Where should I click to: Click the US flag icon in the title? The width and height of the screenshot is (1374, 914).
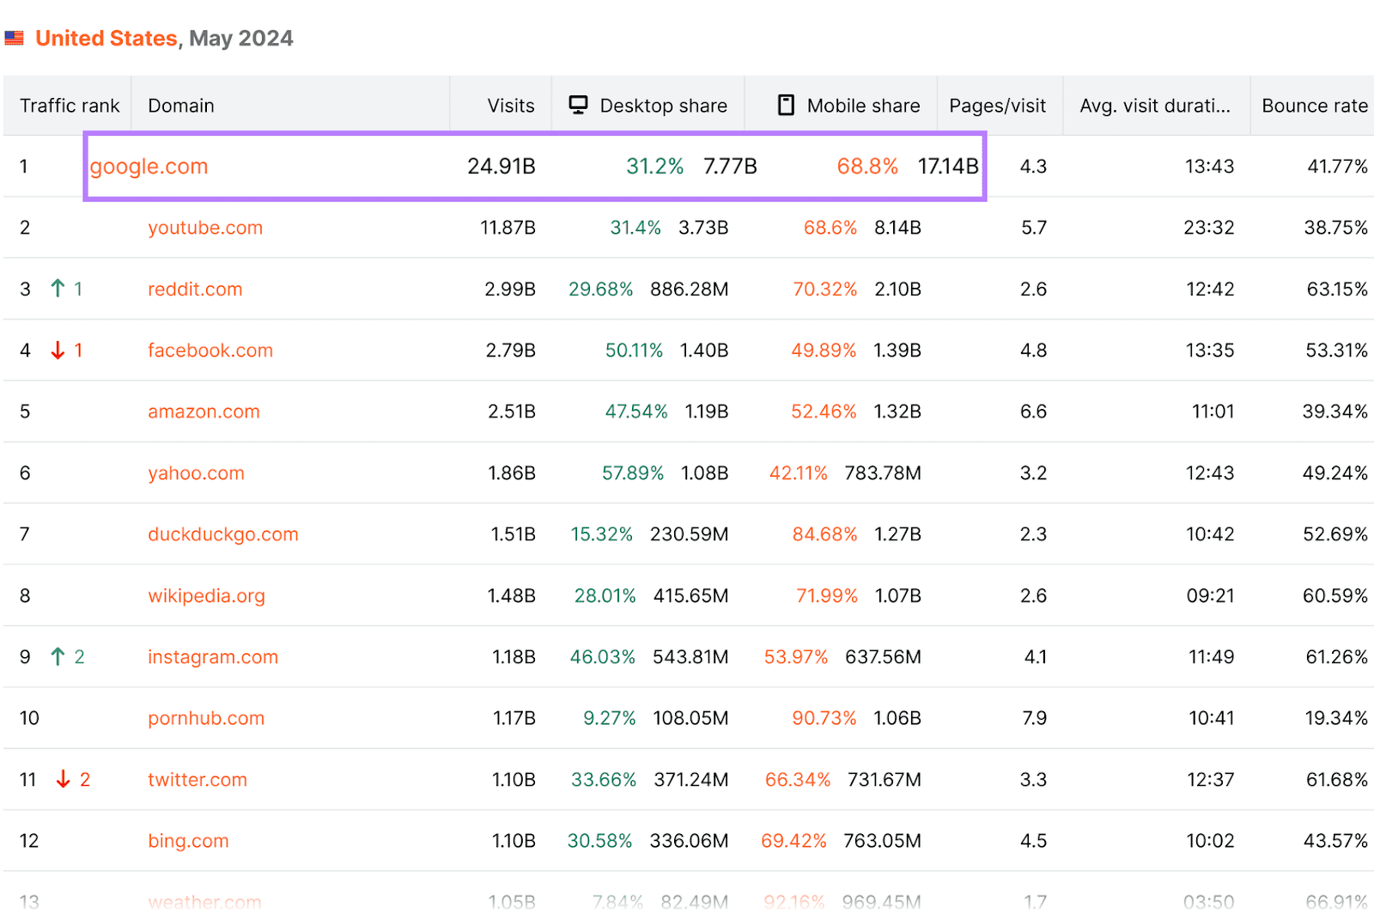pos(14,39)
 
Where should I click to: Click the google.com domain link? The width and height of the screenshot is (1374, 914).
pos(149,167)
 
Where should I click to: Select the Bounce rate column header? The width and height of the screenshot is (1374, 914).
pos(1314,106)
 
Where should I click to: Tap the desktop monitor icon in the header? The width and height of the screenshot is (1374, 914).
pos(578,105)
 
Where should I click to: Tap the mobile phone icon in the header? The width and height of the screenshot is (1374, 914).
pos(785,105)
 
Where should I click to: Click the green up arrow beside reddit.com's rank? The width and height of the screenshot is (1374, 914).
pos(58,289)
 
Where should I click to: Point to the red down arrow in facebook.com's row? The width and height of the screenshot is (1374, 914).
pos(58,350)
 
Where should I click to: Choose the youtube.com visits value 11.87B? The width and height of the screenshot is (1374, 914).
pos(508,228)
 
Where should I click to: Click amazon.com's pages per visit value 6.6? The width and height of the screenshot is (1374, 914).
pos(1033,411)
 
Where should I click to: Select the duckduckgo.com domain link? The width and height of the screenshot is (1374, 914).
pos(222,534)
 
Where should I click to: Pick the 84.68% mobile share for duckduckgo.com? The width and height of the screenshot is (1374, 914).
pos(824,534)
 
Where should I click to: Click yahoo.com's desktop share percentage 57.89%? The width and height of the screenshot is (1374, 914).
pos(632,473)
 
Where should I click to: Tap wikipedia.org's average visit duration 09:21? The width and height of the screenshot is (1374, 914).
pos(1209,596)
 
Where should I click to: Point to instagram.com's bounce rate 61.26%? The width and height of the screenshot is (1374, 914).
pos(1335,657)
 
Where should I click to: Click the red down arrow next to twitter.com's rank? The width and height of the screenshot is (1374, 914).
pos(63,779)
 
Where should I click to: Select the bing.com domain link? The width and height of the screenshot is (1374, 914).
pos(188,841)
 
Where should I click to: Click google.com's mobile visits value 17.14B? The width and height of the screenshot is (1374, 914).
pos(947,167)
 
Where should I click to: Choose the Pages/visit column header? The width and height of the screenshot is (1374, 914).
pos(997,106)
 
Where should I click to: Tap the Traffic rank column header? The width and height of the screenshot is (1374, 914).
pos(70,106)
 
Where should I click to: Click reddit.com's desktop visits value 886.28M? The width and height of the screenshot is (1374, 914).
pos(689,289)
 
